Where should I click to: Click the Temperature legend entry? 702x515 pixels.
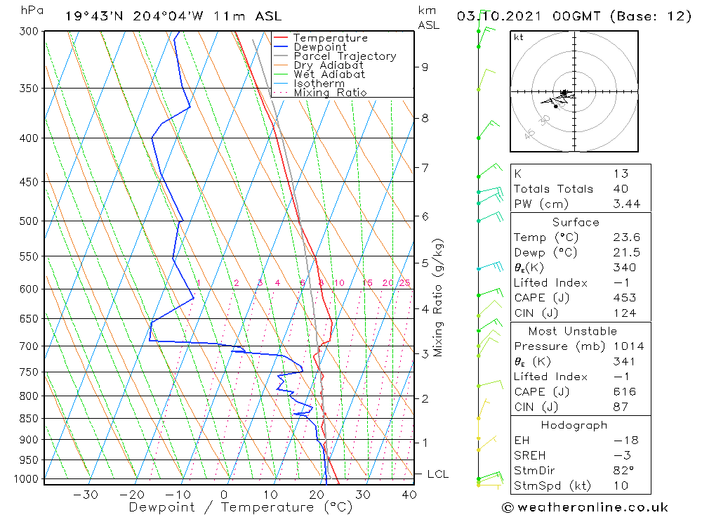click(330, 38)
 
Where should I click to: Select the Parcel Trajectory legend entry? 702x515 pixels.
click(345, 56)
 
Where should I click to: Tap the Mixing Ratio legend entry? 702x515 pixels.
click(330, 92)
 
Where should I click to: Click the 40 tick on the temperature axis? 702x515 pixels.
click(409, 495)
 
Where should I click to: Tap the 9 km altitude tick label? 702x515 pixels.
click(425, 67)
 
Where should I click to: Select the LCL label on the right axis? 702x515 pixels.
click(437, 474)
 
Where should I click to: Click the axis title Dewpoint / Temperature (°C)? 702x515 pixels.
click(240, 507)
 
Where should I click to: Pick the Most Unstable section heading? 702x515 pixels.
click(572, 331)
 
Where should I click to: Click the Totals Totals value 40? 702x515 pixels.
click(621, 188)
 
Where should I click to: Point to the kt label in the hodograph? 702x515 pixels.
click(518, 37)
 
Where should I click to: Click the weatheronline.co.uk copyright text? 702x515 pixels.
click(585, 507)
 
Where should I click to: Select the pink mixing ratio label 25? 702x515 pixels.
click(404, 283)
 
